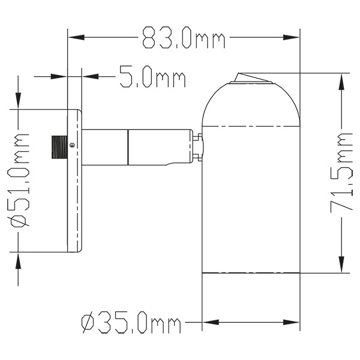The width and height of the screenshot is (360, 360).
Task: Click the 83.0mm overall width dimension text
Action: tap(184, 40)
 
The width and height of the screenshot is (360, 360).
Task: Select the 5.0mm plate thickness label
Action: tap(152, 77)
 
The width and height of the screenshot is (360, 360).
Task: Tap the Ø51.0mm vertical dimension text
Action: tap(20, 180)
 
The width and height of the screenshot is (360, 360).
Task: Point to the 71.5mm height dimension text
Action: tap(341, 173)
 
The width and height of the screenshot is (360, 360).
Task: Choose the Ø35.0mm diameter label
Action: tap(131, 324)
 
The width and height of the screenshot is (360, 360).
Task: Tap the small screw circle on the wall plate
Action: tap(72, 145)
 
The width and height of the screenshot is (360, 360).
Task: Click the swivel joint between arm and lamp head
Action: tap(197, 148)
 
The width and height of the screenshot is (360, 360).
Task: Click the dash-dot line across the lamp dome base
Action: tap(250, 126)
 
